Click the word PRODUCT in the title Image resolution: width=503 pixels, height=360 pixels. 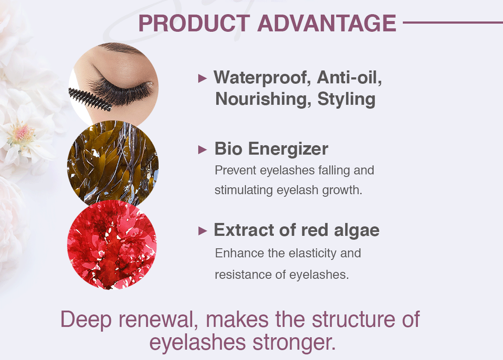point(194,23)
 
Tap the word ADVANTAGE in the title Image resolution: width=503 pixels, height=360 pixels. point(327,23)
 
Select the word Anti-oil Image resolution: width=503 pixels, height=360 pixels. point(350,77)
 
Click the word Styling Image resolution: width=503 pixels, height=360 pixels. point(347,99)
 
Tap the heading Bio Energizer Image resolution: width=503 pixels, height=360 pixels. point(271,149)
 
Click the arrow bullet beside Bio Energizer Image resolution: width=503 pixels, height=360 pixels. point(202,149)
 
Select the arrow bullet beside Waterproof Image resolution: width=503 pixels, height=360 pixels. point(202,78)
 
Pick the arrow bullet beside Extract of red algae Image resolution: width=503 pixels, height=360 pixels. point(202,231)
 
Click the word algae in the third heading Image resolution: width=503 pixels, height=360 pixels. point(357,231)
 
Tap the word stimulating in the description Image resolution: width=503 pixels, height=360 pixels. point(244,190)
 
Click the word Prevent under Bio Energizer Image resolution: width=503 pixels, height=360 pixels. point(235,170)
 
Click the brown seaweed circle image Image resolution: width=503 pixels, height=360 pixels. point(113,164)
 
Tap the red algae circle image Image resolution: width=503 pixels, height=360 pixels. point(112,244)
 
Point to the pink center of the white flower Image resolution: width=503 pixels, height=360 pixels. point(23,134)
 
